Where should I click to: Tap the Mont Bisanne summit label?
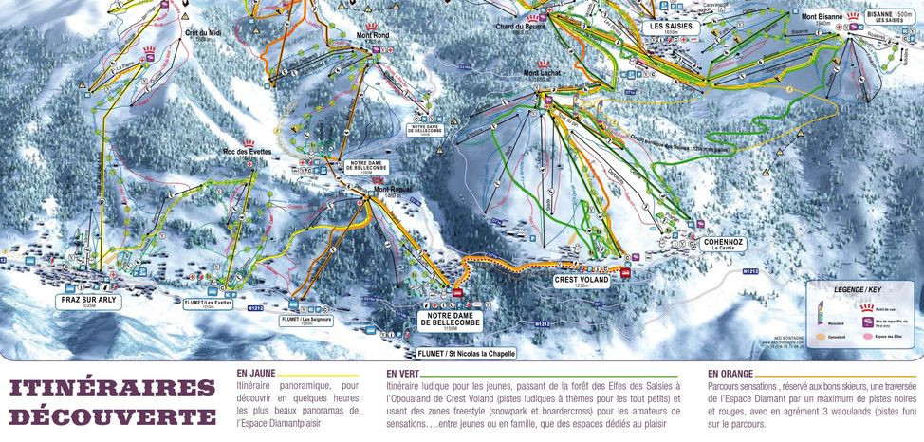tap(822, 17)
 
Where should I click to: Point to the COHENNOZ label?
tap(724, 244)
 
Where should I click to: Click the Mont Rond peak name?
tap(373, 35)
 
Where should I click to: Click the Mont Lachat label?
tap(543, 73)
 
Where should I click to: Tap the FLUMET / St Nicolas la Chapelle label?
tap(466, 353)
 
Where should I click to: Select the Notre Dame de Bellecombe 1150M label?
tap(451, 322)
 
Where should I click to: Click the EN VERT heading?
tap(405, 375)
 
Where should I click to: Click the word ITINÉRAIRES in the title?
tap(113, 388)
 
